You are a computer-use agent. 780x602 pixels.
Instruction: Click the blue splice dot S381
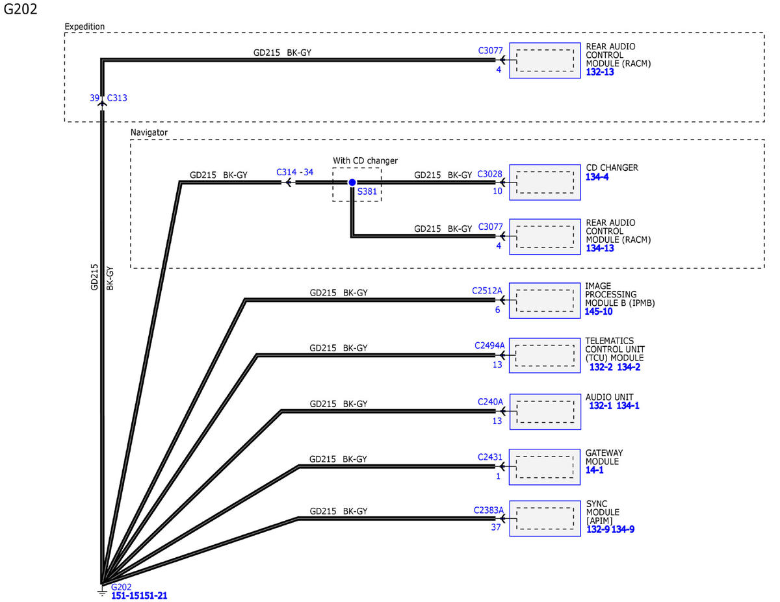click(352, 182)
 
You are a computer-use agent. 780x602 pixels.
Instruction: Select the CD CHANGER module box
click(545, 182)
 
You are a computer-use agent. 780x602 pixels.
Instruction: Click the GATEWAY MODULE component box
click(545, 467)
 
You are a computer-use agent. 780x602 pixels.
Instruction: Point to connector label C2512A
click(487, 291)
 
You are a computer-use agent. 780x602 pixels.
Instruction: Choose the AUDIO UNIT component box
click(545, 412)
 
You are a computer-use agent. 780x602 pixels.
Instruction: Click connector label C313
click(117, 98)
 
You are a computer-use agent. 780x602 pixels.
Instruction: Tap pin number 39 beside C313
click(94, 98)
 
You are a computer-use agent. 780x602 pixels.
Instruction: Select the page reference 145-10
click(599, 312)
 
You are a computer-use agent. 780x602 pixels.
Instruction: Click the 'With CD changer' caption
click(365, 160)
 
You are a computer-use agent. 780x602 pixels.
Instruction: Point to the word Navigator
click(149, 132)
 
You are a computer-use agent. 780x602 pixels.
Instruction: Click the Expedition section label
click(84, 27)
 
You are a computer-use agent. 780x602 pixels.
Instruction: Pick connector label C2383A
click(489, 510)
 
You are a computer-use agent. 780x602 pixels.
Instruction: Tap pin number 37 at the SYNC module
click(496, 527)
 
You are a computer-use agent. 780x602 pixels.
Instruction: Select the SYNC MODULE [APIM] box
click(545, 518)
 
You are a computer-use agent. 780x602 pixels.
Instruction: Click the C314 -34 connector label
click(294, 172)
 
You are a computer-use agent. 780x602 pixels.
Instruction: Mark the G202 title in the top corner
click(20, 9)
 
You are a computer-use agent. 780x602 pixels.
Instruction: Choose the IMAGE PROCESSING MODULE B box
click(545, 301)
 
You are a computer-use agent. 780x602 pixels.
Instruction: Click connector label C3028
click(489, 174)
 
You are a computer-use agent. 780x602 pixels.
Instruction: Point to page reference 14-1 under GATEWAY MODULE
click(594, 470)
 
